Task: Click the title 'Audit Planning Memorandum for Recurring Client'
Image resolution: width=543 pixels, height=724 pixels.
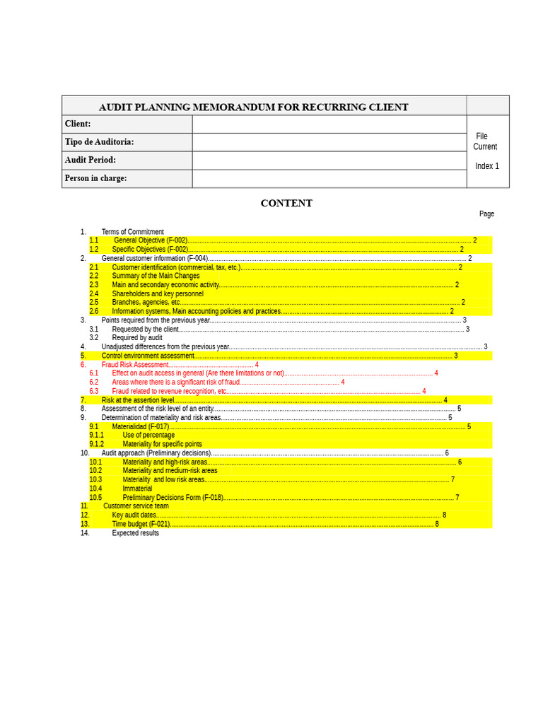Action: [x=253, y=107]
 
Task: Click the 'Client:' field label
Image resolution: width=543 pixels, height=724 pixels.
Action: [x=78, y=124]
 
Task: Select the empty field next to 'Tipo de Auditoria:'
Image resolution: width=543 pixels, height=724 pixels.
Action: [x=329, y=142]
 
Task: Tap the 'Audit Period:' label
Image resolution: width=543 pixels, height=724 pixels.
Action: [x=90, y=160]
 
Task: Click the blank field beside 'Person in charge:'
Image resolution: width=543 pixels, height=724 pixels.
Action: [x=329, y=178]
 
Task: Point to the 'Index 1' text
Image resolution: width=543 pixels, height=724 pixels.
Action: [x=486, y=166]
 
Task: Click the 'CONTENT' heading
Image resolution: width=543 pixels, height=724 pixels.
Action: [x=286, y=204]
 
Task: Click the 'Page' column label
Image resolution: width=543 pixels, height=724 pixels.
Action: [x=486, y=214]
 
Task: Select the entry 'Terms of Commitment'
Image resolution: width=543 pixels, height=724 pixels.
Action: [x=132, y=232]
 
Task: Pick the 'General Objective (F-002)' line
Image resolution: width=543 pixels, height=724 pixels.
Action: [x=151, y=240]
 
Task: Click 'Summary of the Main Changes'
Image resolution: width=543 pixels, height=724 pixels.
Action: [x=156, y=276]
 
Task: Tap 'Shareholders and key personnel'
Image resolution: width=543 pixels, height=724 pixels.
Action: [x=157, y=293]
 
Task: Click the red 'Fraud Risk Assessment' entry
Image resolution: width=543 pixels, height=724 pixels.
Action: [x=135, y=365]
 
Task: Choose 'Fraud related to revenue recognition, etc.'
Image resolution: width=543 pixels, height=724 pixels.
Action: [x=169, y=391]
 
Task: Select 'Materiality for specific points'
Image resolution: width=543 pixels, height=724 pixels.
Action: [x=162, y=444]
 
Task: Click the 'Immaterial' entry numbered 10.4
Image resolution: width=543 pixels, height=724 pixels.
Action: [x=137, y=489]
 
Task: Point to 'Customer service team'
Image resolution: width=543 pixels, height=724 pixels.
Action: [x=136, y=506]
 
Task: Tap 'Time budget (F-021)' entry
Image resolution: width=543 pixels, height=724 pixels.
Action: [x=141, y=524]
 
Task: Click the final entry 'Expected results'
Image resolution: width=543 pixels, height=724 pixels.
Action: [x=135, y=533]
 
